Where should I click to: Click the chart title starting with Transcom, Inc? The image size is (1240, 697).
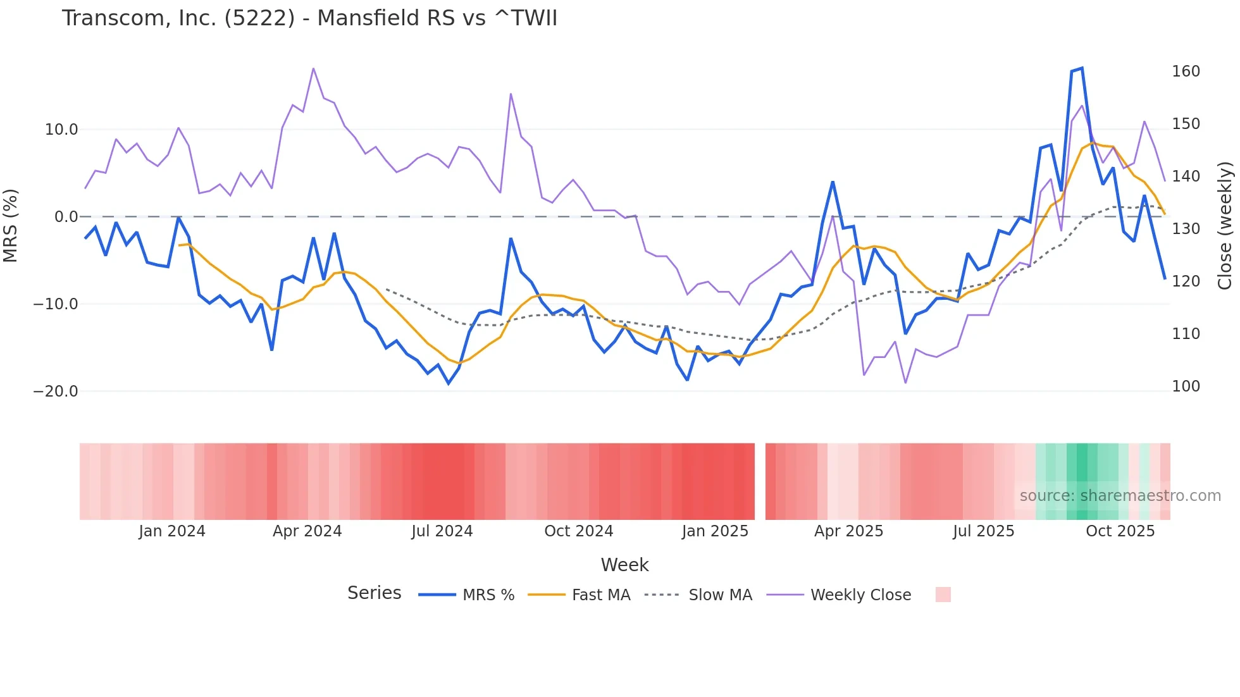pos(309,18)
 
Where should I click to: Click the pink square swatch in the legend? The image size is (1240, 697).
pos(943,595)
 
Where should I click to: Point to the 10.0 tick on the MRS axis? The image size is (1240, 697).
pos(61,130)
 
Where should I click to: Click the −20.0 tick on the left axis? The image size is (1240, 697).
pos(56,392)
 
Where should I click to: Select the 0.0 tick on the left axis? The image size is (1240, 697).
pos(66,217)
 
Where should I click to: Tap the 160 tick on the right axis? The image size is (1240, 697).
pos(1186,71)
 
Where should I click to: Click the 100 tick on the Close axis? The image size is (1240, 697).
pos(1186,386)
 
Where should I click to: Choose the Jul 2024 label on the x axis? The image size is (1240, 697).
pos(442,531)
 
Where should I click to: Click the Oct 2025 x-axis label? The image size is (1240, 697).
pos(1120,531)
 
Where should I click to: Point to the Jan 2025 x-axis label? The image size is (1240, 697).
pos(715,531)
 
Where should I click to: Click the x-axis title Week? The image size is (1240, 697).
pos(624,565)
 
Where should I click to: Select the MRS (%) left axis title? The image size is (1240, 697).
pos(11,226)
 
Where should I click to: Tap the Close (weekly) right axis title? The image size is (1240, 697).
pos(1225,226)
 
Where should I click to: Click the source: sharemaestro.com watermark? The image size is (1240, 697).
pos(1120,496)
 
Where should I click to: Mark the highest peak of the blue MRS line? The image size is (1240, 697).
pos(1082,68)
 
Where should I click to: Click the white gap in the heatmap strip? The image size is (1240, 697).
pos(760,481)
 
